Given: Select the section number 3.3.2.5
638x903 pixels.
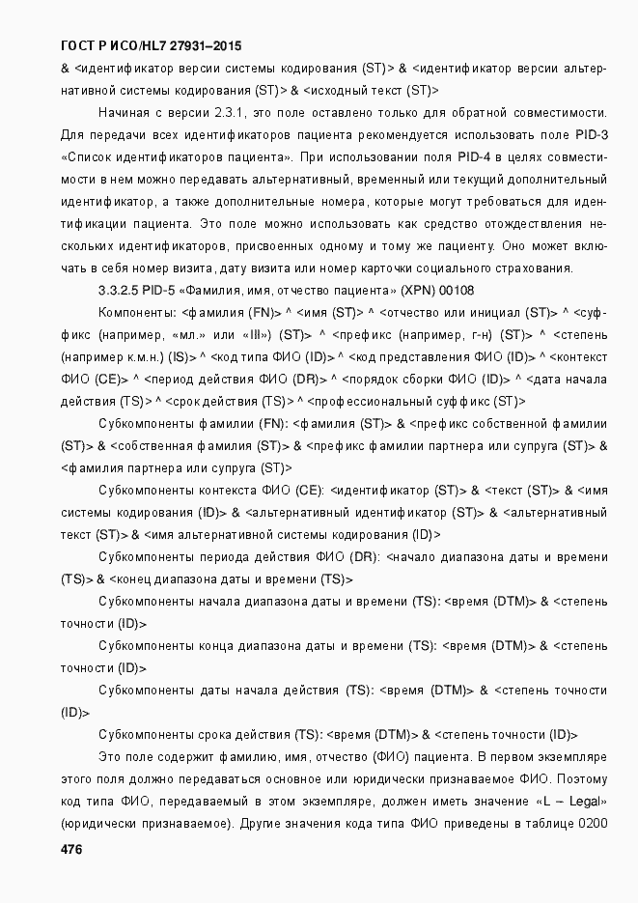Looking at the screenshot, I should [x=120, y=289].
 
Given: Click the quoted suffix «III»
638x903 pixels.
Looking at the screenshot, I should [x=256, y=334].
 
